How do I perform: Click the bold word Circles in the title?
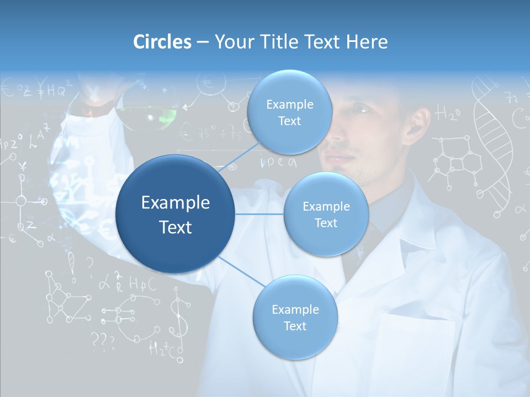(162, 41)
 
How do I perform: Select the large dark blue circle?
(176, 214)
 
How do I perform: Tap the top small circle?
(289, 112)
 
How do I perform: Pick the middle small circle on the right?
(326, 214)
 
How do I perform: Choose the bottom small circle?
(295, 317)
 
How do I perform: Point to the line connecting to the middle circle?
(259, 214)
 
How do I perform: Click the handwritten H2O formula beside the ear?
(447, 114)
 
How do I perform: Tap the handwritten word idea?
(279, 162)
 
